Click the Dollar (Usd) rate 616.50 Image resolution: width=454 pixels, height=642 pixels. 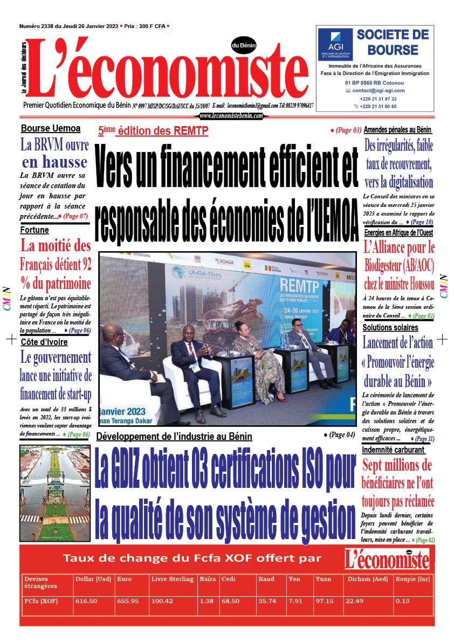click(86, 601)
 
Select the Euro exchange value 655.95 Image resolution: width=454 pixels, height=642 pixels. click(127, 601)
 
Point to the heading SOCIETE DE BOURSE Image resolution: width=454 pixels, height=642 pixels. click(393, 43)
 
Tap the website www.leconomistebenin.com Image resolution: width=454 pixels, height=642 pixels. click(231, 116)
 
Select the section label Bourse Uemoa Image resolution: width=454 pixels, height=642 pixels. click(51, 128)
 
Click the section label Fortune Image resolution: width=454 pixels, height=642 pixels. click(35, 230)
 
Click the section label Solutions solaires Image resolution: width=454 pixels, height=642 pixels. click(390, 327)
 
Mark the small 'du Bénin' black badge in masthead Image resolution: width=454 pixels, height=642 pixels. click(244, 46)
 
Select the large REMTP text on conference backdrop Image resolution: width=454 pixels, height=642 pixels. click(297, 287)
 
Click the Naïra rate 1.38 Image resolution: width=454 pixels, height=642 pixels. click(207, 601)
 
